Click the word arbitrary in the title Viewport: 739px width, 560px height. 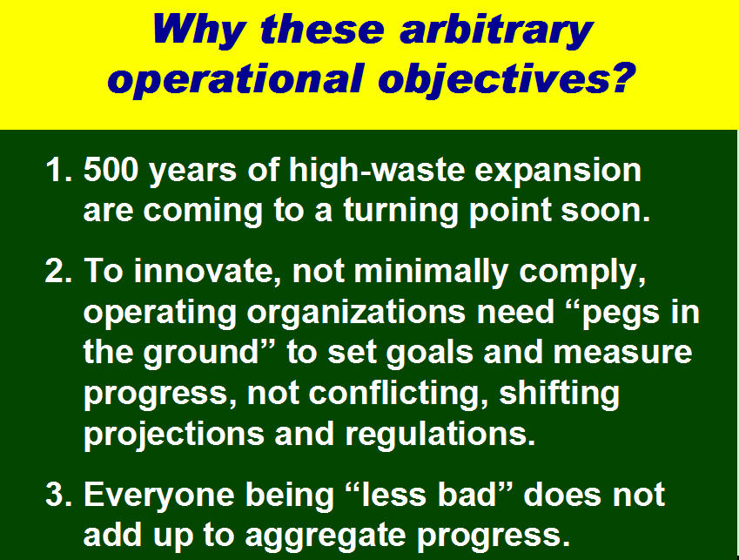(495, 30)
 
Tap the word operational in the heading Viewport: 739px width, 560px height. (237, 78)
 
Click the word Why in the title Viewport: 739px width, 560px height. (198, 30)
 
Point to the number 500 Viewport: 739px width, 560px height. (111, 169)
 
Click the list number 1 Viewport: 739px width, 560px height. (59, 169)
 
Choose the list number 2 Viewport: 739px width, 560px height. (59, 271)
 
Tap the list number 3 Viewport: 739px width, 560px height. (59, 495)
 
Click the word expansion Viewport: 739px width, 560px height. (558, 171)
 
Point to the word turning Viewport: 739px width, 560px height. (400, 211)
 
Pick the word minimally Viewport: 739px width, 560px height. (431, 273)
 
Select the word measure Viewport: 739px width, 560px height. (622, 353)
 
